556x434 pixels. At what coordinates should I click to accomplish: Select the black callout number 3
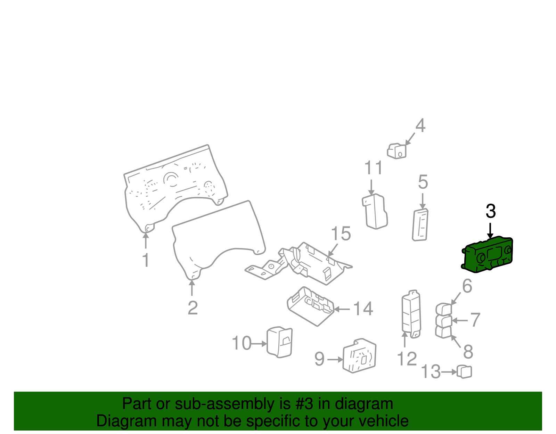pyautogui.click(x=491, y=211)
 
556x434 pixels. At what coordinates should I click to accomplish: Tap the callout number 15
pyautogui.click(x=341, y=233)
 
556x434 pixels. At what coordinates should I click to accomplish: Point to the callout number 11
pyautogui.click(x=373, y=168)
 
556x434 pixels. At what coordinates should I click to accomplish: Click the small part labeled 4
pyautogui.click(x=396, y=151)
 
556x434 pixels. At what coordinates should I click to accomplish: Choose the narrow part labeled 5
pyautogui.click(x=420, y=225)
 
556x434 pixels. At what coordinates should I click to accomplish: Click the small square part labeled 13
pyautogui.click(x=464, y=371)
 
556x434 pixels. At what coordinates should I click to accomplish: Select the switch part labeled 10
pyautogui.click(x=279, y=342)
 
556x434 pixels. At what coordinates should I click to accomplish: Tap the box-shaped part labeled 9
pyautogui.click(x=359, y=355)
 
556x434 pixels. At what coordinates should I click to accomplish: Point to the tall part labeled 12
pyautogui.click(x=411, y=314)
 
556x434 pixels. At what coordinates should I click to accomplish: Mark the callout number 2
pyautogui.click(x=193, y=308)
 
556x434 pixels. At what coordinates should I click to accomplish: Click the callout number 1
pyautogui.click(x=146, y=260)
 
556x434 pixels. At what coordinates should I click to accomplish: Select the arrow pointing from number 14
pyautogui.click(x=342, y=309)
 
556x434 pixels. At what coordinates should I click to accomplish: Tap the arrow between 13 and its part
pyautogui.click(x=449, y=372)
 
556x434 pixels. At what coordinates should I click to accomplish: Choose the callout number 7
pyautogui.click(x=475, y=320)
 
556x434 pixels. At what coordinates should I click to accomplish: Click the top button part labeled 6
pyautogui.click(x=444, y=309)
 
